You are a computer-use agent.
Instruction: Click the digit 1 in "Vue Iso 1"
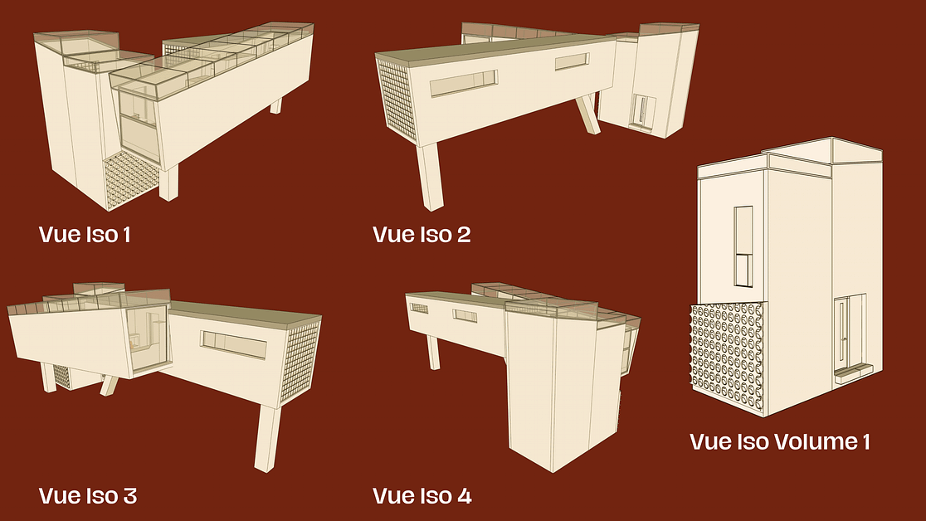point(126,235)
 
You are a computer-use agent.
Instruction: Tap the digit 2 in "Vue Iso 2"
point(464,235)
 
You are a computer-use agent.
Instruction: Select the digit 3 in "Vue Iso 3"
point(129,495)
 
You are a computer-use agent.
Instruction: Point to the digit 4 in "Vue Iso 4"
point(464,495)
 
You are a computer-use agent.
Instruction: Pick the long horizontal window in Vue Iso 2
point(464,83)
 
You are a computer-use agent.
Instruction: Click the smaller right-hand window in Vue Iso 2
point(572,61)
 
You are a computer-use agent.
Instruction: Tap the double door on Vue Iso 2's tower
point(642,110)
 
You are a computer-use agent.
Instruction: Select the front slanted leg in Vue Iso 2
point(430,177)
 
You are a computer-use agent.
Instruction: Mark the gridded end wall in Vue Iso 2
point(398,101)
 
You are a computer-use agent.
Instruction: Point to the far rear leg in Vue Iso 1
point(275,105)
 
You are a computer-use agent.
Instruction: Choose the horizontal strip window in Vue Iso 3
point(234,344)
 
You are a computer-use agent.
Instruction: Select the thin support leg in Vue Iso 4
point(433,352)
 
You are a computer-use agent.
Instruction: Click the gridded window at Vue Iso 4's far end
point(419,309)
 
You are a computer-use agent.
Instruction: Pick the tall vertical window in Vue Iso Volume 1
point(743,246)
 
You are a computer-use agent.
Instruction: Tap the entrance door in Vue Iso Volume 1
point(842,334)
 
